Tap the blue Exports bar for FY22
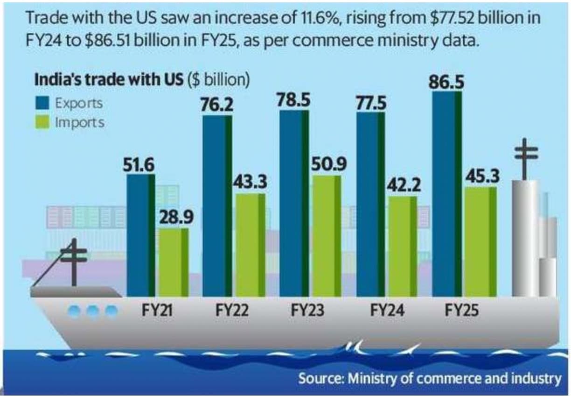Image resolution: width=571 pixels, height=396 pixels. click(x=217, y=205)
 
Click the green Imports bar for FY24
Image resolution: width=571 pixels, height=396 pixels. click(x=403, y=246)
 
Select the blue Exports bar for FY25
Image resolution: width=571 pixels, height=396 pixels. click(x=447, y=194)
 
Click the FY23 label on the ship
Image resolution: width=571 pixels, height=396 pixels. click(x=307, y=310)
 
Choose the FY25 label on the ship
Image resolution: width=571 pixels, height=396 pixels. click(x=461, y=310)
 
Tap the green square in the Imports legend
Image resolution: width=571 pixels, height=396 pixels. click(x=42, y=123)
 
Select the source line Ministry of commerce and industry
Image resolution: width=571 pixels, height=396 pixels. click(x=429, y=378)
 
